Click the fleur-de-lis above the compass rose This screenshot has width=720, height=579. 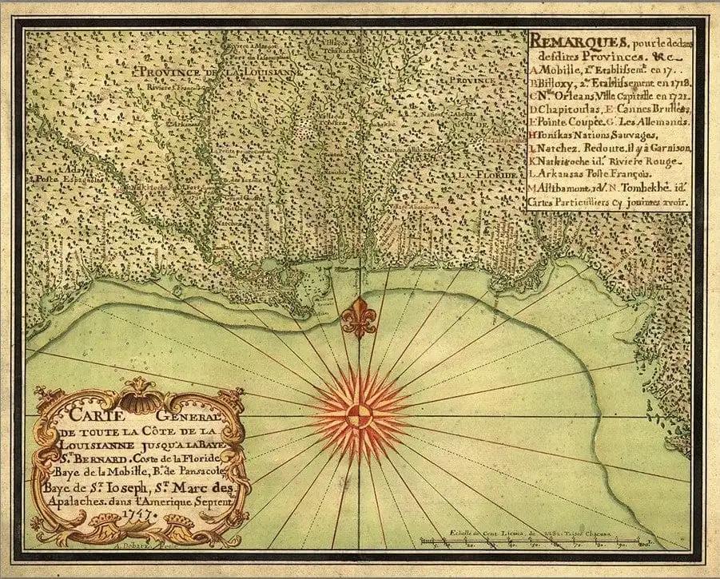359,316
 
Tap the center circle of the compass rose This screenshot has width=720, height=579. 359,415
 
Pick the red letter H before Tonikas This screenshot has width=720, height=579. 532,135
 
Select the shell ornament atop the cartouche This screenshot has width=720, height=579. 141,394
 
